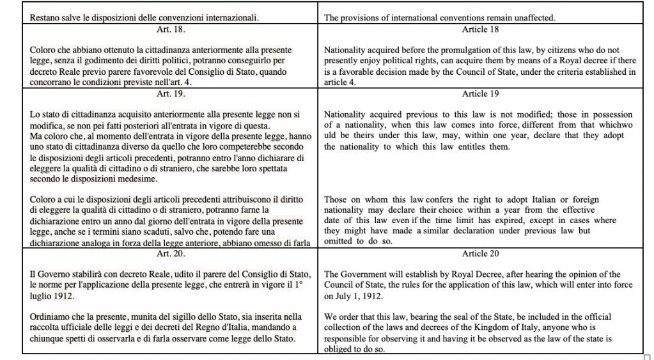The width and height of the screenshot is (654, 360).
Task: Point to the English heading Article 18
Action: (479, 29)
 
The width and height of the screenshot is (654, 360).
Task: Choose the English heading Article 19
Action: (479, 94)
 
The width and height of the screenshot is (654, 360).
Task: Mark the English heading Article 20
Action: (479, 254)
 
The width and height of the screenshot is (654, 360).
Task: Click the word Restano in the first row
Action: (45, 19)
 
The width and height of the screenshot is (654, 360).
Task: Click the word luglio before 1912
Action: (42, 297)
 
